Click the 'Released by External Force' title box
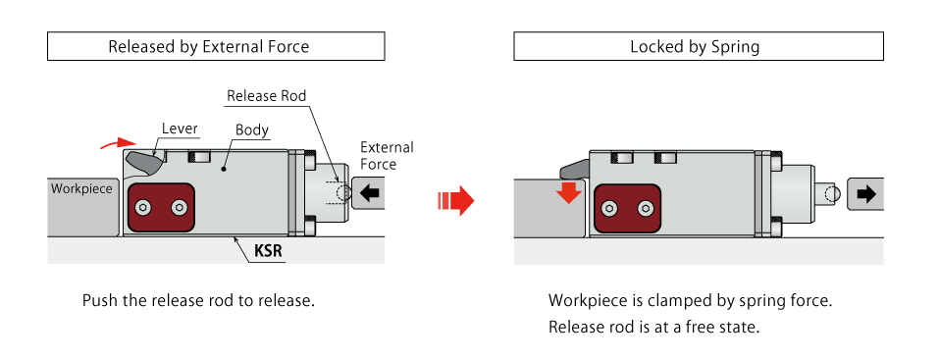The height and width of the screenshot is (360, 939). [216, 46]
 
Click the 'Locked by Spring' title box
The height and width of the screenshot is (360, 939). [699, 46]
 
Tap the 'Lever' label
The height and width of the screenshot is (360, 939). [180, 129]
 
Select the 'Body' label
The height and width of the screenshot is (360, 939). [252, 130]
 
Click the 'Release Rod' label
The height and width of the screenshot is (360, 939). [267, 96]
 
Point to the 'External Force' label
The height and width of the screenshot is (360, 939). [387, 156]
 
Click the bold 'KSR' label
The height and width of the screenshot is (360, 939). [268, 251]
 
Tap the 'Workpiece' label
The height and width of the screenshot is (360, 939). [81, 188]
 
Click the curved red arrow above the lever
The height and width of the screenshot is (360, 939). [118, 142]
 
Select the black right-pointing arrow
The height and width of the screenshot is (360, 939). [866, 193]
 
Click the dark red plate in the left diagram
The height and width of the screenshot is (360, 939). [161, 208]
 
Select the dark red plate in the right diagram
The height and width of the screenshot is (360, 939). [627, 209]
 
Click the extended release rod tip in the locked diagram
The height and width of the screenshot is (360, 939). [829, 193]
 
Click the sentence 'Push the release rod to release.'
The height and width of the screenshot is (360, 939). [198, 300]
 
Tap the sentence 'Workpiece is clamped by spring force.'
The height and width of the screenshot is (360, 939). [691, 300]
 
